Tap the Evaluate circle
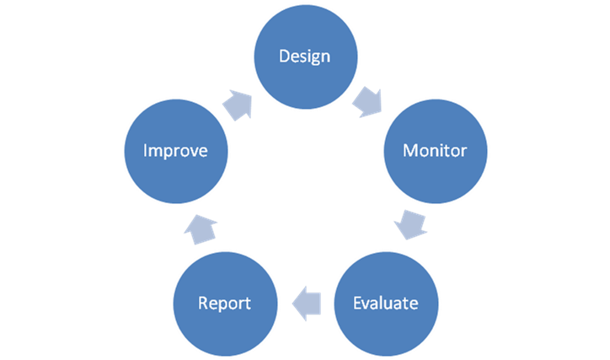[x=385, y=301]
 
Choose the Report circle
[x=223, y=301]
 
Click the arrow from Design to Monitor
[x=368, y=101]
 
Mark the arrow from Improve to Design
[x=238, y=103]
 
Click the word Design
[x=304, y=57]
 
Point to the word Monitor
[x=435, y=151]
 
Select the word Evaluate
[x=385, y=302]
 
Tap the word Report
[x=223, y=303]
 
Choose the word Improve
[x=175, y=152]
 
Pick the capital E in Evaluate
[x=357, y=302]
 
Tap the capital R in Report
[x=202, y=302]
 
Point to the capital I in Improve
[x=146, y=151]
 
